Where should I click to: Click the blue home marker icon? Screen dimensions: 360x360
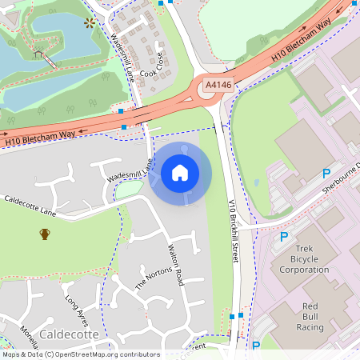coord(180,172)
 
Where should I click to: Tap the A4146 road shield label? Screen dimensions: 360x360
coord(218,83)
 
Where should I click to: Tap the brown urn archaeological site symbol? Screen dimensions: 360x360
coord(45,234)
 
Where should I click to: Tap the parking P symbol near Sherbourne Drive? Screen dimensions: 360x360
coord(326,174)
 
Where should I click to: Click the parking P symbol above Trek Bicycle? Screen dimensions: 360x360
coord(283,237)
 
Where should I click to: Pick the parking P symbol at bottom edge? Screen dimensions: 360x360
coord(256,346)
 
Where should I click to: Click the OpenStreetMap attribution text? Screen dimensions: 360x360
coord(80,354)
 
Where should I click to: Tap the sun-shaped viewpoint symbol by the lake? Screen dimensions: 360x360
coord(90,22)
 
